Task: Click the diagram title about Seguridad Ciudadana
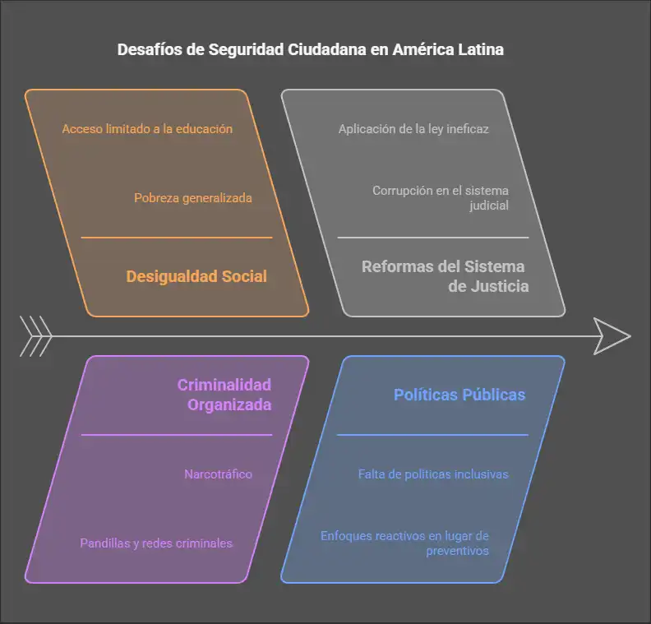[x=310, y=49]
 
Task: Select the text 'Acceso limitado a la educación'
[x=147, y=129]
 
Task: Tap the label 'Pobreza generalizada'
[x=193, y=198]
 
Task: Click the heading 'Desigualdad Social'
[x=196, y=276]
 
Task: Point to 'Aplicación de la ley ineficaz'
[x=413, y=129]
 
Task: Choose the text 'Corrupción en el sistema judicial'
[x=440, y=198]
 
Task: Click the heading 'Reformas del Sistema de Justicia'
[x=445, y=276]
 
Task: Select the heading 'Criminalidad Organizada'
[x=224, y=395]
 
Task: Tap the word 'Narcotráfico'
[x=218, y=474]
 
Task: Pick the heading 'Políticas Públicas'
[x=459, y=395]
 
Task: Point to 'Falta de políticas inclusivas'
[x=433, y=474]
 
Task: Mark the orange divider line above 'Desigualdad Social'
[x=177, y=238]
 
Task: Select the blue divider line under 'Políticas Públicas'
[x=432, y=435]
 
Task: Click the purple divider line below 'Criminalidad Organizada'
[x=177, y=435]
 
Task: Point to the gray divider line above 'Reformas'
[x=432, y=238]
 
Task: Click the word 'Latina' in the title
[x=482, y=49]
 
